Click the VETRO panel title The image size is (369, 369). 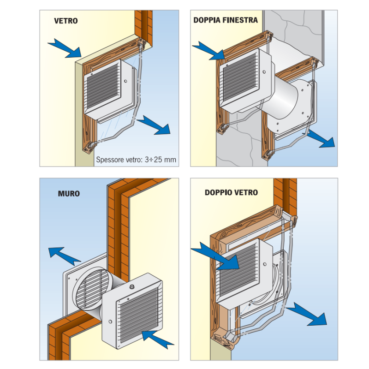click(65, 21)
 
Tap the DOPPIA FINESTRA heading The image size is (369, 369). click(226, 21)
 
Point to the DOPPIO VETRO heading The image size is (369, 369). click(231, 192)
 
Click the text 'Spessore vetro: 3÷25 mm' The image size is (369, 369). click(136, 161)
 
